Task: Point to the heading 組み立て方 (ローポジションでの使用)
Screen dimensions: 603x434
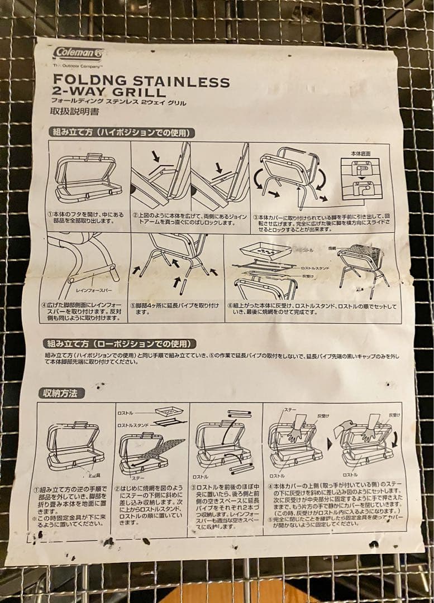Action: (120, 343)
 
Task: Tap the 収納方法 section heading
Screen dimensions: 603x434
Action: (61, 393)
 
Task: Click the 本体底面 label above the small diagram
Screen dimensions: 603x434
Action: (360, 152)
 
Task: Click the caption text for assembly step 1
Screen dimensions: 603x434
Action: (87, 217)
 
